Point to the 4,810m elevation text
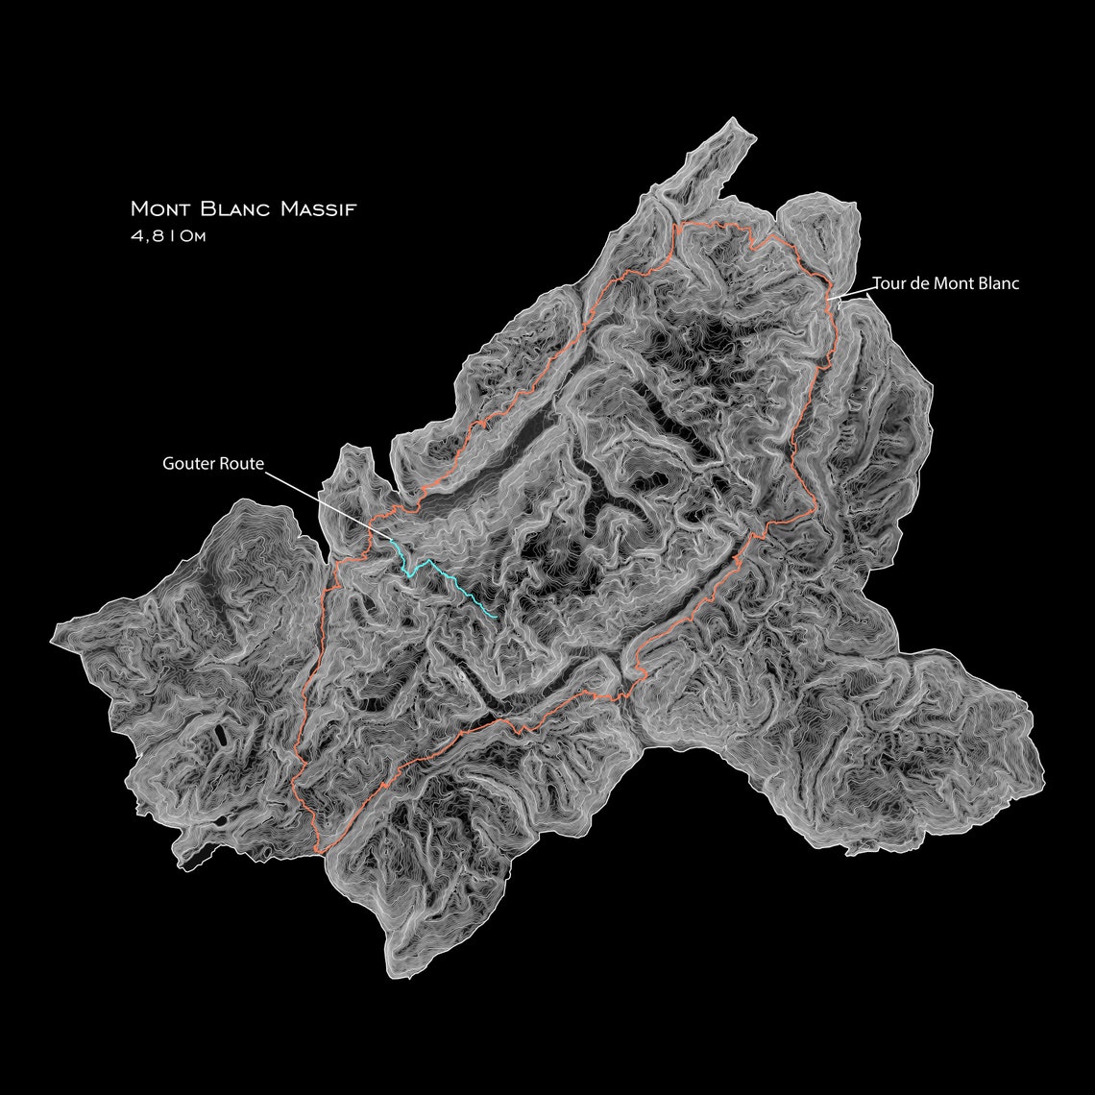coord(168,236)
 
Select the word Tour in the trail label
coord(888,283)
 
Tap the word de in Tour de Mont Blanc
coord(916,283)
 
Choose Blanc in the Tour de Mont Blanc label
coord(996,283)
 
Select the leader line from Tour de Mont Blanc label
coord(853,291)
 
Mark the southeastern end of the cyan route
coord(496,616)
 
